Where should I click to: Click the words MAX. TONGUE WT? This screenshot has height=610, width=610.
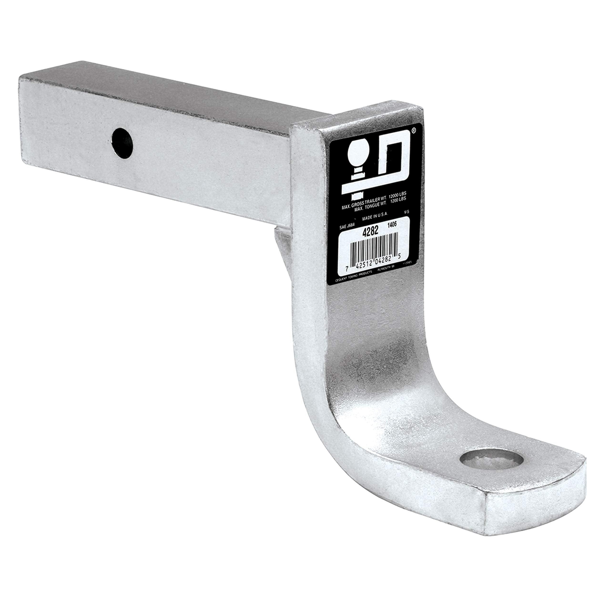(371, 207)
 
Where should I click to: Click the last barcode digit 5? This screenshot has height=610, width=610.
(399, 256)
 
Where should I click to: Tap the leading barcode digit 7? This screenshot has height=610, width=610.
(346, 269)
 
